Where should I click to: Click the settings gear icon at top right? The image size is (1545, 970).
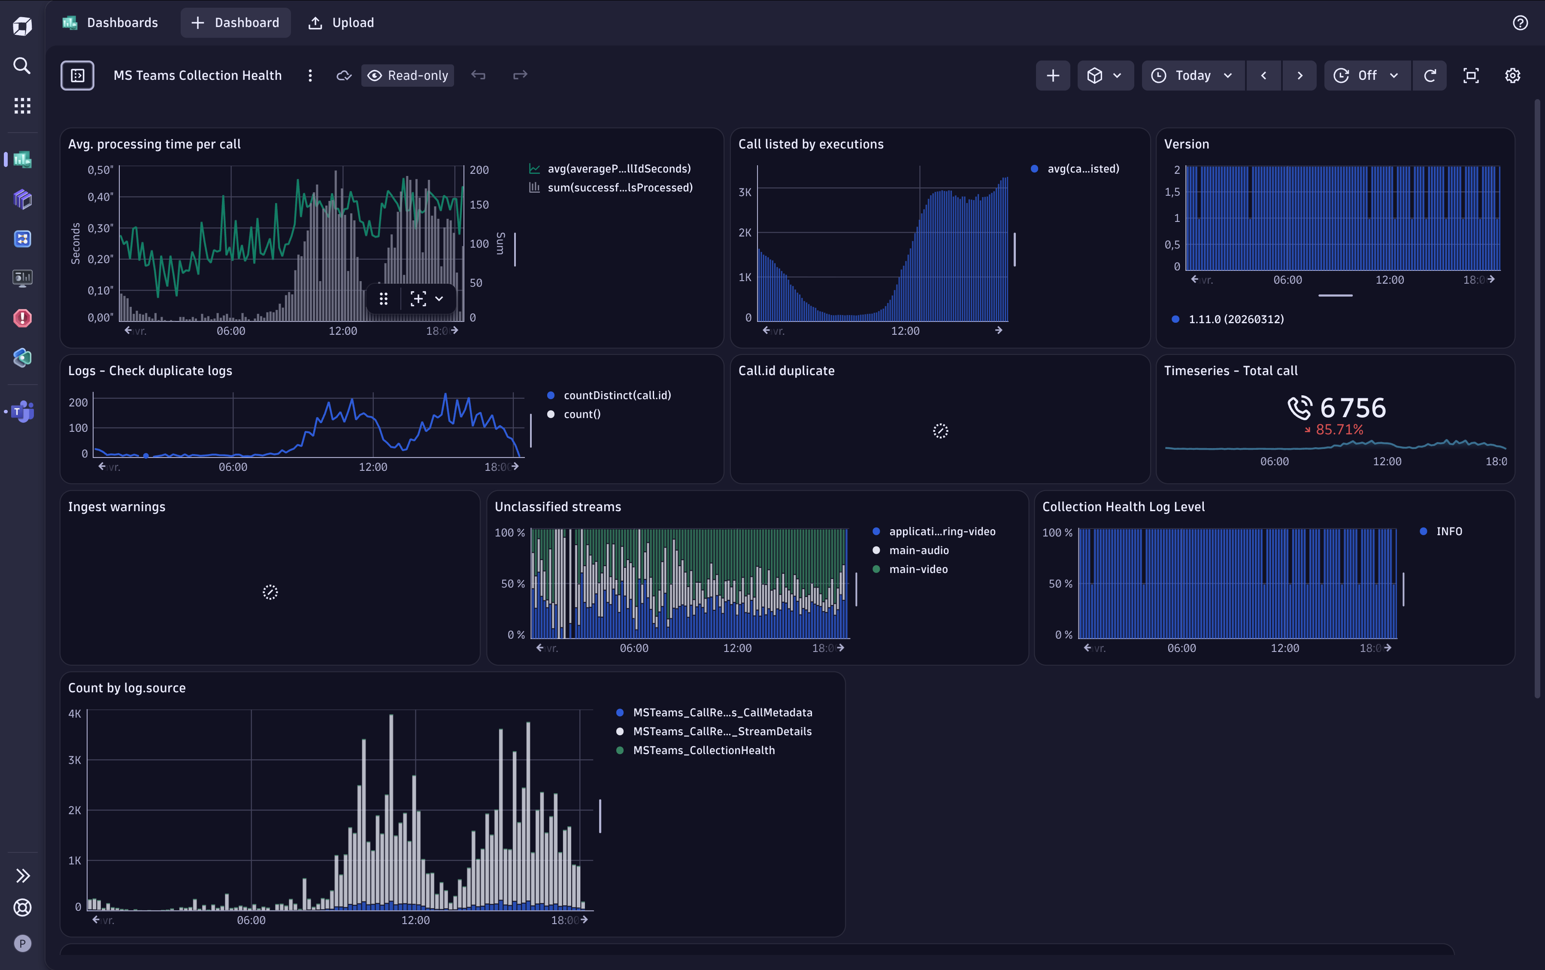1512,76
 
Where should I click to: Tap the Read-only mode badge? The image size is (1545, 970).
408,76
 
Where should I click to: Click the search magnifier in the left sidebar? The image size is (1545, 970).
22,65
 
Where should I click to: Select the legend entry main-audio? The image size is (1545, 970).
918,550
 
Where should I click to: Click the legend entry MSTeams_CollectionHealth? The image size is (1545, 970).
703,751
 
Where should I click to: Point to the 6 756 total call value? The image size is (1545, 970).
1353,408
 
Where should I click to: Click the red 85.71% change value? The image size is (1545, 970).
1339,430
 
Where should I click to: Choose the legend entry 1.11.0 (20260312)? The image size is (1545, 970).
1236,319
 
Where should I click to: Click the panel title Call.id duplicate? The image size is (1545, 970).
786,371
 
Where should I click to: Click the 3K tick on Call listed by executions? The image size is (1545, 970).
745,192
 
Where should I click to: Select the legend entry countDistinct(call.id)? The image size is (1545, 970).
617,395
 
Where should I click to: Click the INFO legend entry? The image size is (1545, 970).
1449,531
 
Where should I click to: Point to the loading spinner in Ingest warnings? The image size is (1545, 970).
270,592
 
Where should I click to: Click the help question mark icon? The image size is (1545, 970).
1520,23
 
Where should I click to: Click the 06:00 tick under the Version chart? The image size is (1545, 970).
1287,280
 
